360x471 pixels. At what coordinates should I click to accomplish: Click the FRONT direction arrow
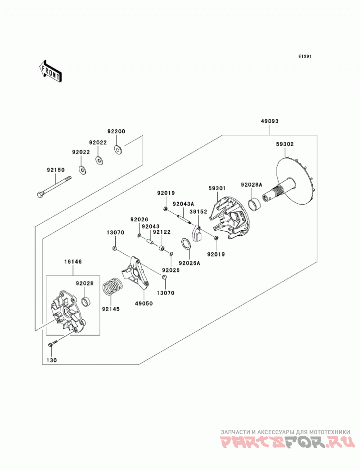50,71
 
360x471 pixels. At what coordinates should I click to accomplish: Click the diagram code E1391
305,56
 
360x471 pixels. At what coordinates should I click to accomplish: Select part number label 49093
270,121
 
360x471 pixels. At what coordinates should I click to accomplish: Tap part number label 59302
285,144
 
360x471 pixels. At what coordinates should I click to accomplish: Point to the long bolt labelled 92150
55,187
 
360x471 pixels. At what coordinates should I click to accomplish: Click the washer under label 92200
117,149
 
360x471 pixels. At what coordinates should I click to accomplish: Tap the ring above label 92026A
186,244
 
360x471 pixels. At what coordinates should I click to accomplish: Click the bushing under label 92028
87,301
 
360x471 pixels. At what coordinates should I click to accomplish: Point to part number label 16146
73,262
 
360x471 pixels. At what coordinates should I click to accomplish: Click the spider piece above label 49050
135,273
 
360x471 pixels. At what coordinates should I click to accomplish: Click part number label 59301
217,188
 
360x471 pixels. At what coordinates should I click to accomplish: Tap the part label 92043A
183,204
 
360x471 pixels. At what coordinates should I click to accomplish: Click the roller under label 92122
162,248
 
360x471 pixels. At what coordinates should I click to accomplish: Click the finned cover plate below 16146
67,312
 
